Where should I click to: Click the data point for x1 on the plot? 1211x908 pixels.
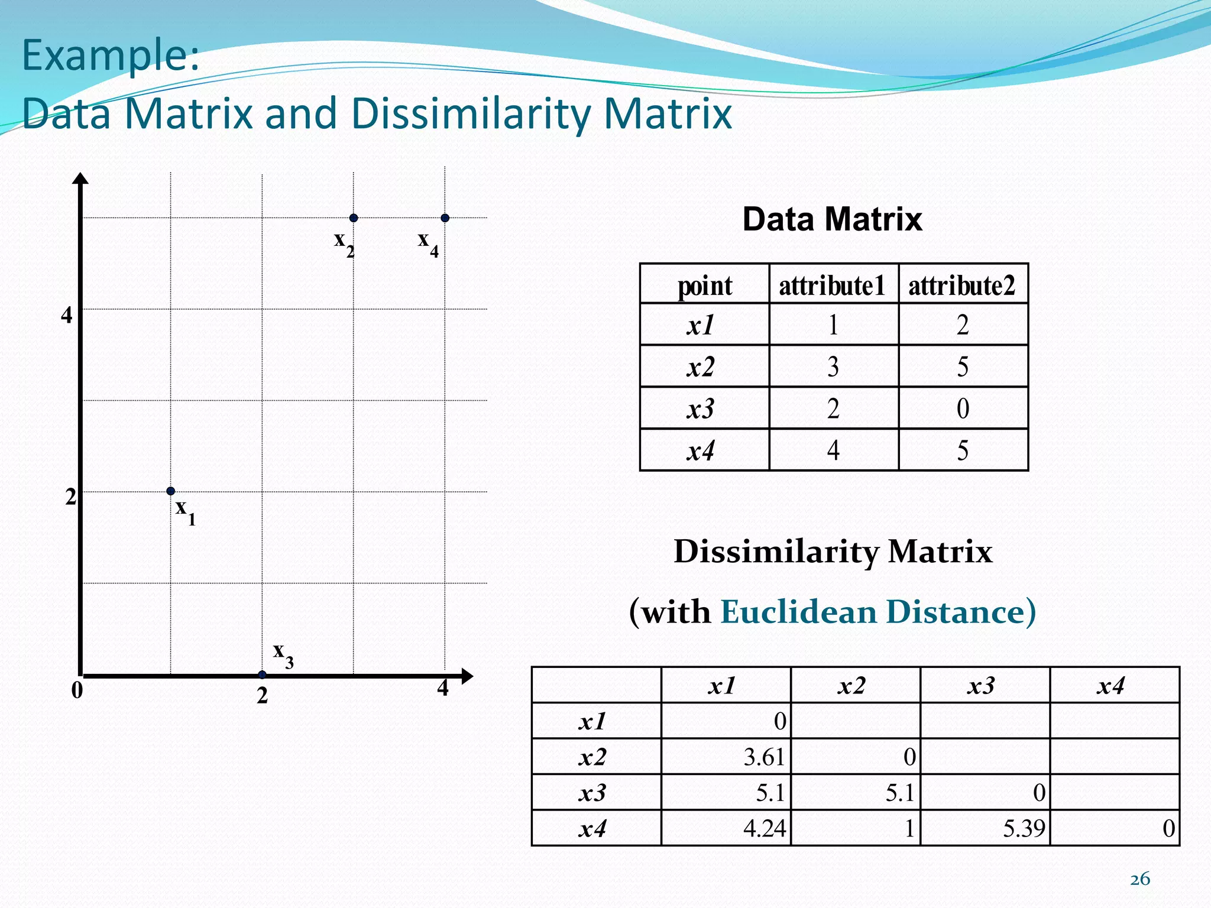coord(170,491)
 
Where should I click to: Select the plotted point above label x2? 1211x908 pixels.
coord(354,218)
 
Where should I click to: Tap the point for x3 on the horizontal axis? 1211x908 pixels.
coord(262,674)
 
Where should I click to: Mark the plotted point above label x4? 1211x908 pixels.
coord(445,218)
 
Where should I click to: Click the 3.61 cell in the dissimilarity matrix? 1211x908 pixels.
coord(763,757)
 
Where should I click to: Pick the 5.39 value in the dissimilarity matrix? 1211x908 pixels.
coord(1023,829)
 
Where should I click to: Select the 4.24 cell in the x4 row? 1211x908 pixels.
coord(764,829)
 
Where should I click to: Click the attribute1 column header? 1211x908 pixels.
coord(833,286)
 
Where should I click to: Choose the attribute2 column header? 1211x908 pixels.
coord(962,286)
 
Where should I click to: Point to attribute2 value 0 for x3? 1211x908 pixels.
coord(963,408)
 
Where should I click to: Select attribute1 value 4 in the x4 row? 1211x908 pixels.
coord(833,450)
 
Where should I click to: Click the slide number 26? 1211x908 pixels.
coord(1140,879)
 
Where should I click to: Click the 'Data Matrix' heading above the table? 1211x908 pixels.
coord(832,219)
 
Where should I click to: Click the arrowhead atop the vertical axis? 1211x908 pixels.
coord(80,178)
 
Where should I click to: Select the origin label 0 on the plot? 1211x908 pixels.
coord(77,690)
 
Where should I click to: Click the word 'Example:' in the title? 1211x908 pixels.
coord(111,54)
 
